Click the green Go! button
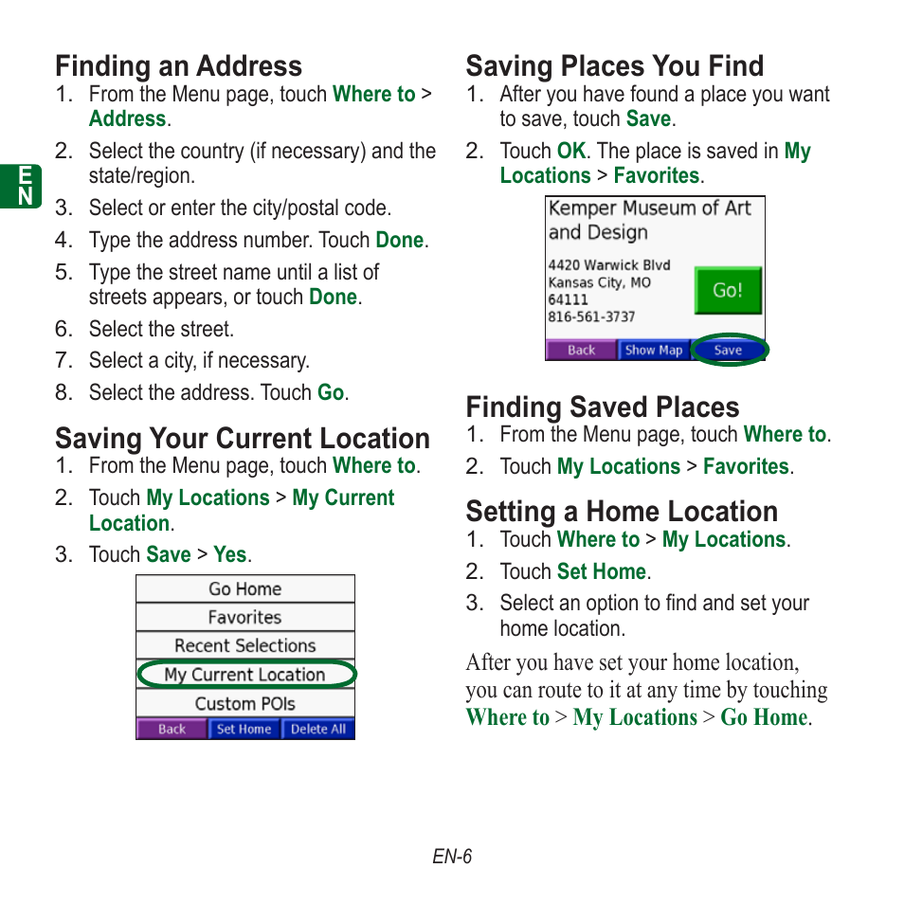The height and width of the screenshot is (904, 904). (727, 291)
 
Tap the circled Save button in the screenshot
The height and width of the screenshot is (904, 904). (728, 350)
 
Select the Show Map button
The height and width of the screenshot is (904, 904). (654, 350)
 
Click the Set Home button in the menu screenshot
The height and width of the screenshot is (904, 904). (244, 729)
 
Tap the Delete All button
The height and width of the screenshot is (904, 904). (317, 729)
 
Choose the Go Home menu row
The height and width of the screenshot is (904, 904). (244, 588)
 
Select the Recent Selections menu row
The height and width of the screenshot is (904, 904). (244, 645)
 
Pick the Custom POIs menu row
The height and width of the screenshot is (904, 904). (244, 703)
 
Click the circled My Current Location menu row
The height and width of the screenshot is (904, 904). (244, 675)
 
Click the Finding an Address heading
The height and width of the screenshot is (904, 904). (178, 66)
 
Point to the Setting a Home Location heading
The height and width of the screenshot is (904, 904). (622, 512)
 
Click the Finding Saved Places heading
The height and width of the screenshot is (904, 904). (602, 407)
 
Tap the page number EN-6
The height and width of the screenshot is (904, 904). (452, 857)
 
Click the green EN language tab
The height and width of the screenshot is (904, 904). (27, 185)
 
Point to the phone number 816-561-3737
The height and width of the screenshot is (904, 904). (591, 316)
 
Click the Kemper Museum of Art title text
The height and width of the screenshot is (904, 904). (649, 208)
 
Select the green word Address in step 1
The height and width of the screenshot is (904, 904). (127, 119)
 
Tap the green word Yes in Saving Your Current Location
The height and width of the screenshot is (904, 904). (229, 555)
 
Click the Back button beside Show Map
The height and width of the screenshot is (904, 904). (581, 350)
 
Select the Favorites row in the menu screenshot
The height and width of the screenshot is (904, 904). (244, 617)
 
